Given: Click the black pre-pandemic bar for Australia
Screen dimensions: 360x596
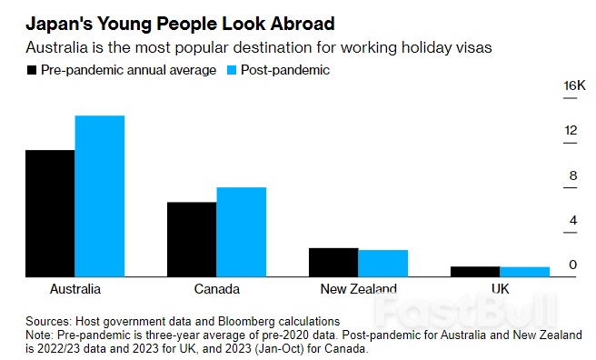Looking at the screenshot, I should tap(50, 213).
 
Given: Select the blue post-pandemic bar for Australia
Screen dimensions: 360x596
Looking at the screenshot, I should tap(100, 195).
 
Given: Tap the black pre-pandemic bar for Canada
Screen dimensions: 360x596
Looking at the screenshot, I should tap(192, 238).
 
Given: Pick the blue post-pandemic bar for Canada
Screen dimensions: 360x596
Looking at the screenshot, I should tap(242, 231).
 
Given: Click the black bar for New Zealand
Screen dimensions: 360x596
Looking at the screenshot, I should tap(333, 262).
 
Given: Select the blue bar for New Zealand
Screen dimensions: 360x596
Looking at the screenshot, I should tap(383, 263).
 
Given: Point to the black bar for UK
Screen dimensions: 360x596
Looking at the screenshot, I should tap(475, 271).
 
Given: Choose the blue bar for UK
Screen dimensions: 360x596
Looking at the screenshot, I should tap(525, 271).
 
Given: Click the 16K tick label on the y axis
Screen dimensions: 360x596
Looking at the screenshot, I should tap(574, 86).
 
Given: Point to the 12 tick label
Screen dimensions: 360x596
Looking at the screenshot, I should tap(571, 131).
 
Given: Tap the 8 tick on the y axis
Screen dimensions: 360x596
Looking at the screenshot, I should tap(572, 175).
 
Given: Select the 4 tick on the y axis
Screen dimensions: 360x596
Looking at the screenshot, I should tap(572, 220).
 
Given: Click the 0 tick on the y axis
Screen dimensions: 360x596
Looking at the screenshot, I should tap(572, 265).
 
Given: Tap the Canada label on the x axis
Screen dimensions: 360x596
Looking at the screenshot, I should tap(216, 289).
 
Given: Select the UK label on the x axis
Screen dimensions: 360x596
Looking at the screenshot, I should tap(500, 289).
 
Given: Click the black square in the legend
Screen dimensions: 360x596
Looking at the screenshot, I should tap(32, 70).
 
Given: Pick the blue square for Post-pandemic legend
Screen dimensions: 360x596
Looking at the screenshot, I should tap(231, 70).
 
